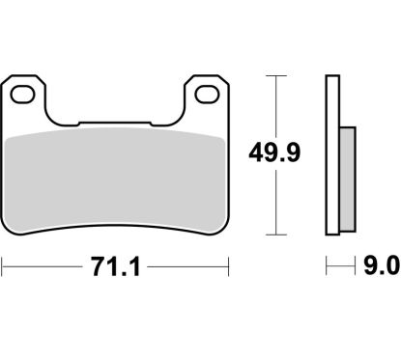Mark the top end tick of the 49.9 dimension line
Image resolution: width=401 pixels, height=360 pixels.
point(277,73)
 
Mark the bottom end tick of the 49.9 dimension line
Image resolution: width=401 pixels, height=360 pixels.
point(277,235)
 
